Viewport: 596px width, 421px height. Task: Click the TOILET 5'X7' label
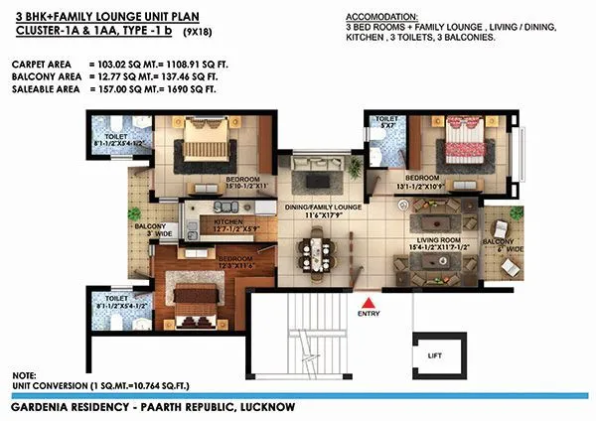pyautogui.click(x=384, y=123)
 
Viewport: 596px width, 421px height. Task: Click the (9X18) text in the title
pyautogui.click(x=202, y=34)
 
